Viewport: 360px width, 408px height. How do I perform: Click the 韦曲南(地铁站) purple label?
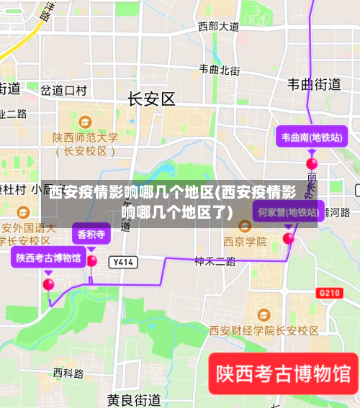pyautogui.click(x=311, y=137)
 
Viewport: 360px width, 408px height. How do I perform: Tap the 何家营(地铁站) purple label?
pyautogui.click(x=288, y=212)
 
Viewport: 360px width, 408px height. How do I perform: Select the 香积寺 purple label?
pyautogui.click(x=91, y=234)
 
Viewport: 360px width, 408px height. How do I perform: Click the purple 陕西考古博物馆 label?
pyautogui.click(x=48, y=257)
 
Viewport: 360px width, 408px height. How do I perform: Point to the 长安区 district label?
pyautogui.click(x=151, y=99)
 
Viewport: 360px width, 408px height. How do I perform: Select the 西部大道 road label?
pyautogui.click(x=219, y=27)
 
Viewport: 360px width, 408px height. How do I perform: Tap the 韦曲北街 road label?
pyautogui.click(x=220, y=70)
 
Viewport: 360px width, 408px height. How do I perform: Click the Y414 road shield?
pyautogui.click(x=124, y=263)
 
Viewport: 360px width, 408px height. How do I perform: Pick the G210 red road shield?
pyautogui.click(x=329, y=293)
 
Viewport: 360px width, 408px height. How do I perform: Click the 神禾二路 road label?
pyautogui.click(x=215, y=261)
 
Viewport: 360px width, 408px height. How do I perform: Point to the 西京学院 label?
pyautogui.click(x=245, y=242)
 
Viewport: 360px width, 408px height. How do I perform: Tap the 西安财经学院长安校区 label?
pyautogui.click(x=264, y=330)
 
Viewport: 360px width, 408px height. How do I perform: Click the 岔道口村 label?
pyautogui.click(x=63, y=91)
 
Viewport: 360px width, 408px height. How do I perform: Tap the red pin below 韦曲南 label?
pyautogui.click(x=312, y=164)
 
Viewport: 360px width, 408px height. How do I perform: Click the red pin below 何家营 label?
pyautogui.click(x=289, y=238)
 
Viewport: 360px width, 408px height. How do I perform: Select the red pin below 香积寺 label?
pyautogui.click(x=91, y=260)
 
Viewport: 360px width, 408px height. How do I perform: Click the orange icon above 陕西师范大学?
pyautogui.click(x=85, y=122)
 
